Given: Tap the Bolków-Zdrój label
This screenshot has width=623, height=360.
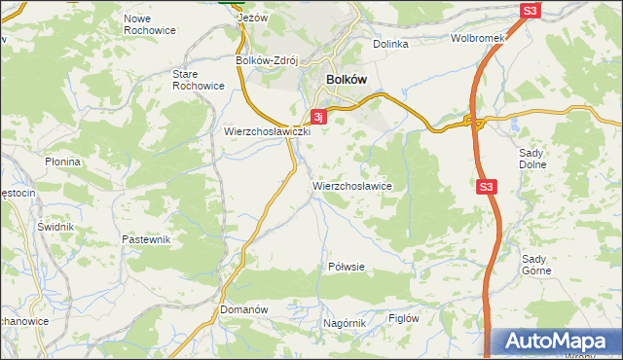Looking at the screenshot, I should click(267, 59).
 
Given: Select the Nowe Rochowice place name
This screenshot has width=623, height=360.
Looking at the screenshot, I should click(150, 24).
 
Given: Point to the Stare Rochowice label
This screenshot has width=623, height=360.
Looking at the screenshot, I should click(199, 80).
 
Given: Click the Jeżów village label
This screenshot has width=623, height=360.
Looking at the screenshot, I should click(253, 18).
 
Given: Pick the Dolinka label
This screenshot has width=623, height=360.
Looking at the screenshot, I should click(390, 44).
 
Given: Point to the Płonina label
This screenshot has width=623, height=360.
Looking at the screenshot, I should click(63, 162).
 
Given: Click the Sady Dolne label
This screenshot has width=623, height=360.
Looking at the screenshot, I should click(533, 160).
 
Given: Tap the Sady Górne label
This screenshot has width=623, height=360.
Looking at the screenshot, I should click(536, 265).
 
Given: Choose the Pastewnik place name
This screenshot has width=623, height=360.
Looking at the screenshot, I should click(146, 239).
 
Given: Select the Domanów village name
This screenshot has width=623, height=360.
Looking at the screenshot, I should click(243, 309).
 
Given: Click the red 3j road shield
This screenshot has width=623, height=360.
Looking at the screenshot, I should click(318, 117).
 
